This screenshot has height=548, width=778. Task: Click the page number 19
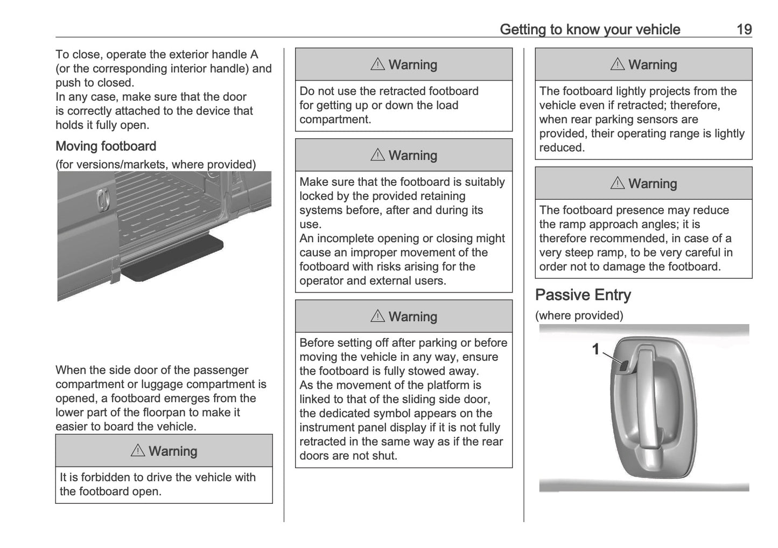pos(744,29)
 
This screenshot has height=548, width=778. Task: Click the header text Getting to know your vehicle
pos(590,29)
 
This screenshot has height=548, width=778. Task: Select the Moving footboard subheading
pos(106,146)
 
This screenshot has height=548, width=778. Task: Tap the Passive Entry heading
pos(583,295)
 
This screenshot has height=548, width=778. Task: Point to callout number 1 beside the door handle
pos(595,349)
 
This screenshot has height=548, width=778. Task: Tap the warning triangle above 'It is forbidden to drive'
pos(138,451)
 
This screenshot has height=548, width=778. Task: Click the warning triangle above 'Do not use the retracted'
pos(377,65)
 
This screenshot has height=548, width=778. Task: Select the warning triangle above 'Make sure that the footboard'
pos(377,155)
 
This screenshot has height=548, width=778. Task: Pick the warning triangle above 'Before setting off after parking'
pos(377,316)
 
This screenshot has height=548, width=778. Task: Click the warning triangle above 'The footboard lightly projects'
pos(617,65)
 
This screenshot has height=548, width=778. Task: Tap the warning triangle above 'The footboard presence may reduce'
pos(617,184)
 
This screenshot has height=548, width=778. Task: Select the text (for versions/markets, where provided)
pos(156,165)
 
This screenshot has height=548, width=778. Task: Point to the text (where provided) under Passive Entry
pos(579,315)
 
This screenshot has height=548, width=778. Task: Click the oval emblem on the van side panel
pos(103,200)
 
